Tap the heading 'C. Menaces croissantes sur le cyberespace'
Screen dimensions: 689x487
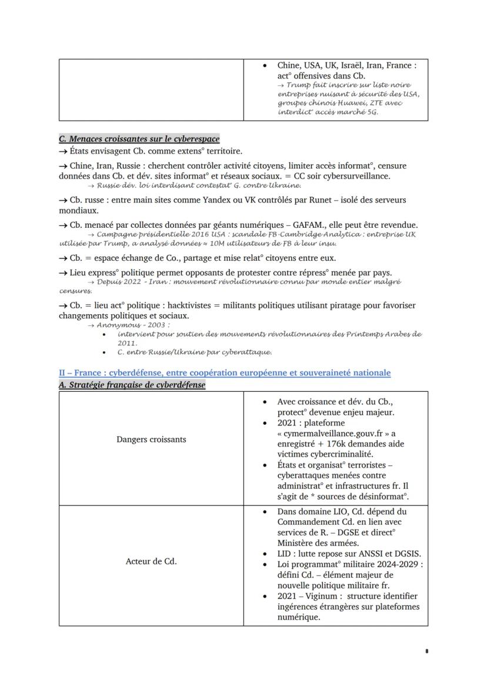point(139,139)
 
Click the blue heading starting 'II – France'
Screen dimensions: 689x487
point(224,373)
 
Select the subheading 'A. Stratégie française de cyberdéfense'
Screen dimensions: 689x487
point(132,385)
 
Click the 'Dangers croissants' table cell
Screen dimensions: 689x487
point(151,439)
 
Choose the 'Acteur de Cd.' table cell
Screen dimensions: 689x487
point(151,561)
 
